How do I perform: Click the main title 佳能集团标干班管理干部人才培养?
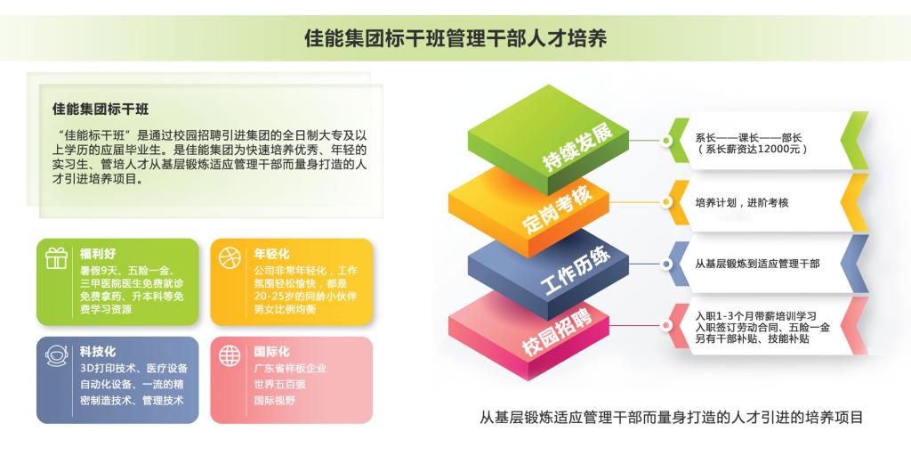[x=455, y=38]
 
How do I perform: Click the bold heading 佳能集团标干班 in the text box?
[x=101, y=109]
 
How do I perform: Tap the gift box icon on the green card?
[x=56, y=257]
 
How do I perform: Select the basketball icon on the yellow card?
[x=230, y=257]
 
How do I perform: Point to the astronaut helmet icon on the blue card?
[x=56, y=355]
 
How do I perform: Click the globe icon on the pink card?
[x=230, y=355]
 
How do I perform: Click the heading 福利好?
[x=98, y=254]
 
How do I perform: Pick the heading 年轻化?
[x=271, y=254]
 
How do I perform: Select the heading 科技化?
[x=98, y=352]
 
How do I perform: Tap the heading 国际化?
[x=271, y=352]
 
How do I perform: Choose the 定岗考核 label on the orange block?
[x=558, y=208]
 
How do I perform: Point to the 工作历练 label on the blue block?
[x=576, y=270]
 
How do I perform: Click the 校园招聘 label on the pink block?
[x=557, y=332]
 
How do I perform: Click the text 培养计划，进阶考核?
[x=742, y=203]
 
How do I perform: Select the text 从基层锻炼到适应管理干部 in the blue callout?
[x=758, y=264]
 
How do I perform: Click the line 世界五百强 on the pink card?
[x=279, y=385]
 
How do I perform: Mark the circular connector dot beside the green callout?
[x=666, y=140]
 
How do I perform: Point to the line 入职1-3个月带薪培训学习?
[x=756, y=316]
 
